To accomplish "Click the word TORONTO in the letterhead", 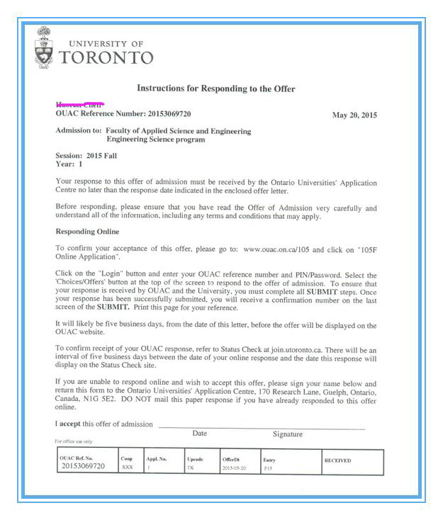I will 106,58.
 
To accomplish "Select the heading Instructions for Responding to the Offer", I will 215,89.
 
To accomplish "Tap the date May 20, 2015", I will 354,115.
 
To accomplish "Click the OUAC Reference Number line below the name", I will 123,113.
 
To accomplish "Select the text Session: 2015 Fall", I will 86,155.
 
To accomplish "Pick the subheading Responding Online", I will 87,232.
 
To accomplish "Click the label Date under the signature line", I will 200,433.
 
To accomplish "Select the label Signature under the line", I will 287,434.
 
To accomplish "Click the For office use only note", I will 73,441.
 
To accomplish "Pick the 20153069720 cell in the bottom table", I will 83,466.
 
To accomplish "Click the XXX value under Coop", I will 127,468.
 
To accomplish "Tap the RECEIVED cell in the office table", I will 337,460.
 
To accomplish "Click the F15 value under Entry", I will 268,468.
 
